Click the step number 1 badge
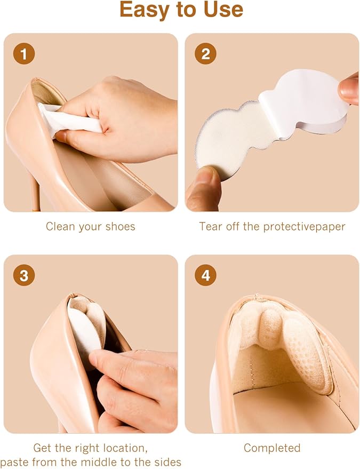point(24,54)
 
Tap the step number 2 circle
point(205,54)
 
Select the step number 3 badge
point(24,275)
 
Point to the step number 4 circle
point(205,275)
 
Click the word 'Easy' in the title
point(145,10)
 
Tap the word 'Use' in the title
point(223,9)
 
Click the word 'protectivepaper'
point(305,227)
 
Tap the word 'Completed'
point(272,448)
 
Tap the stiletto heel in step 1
point(35,192)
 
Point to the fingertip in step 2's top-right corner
point(349,89)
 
